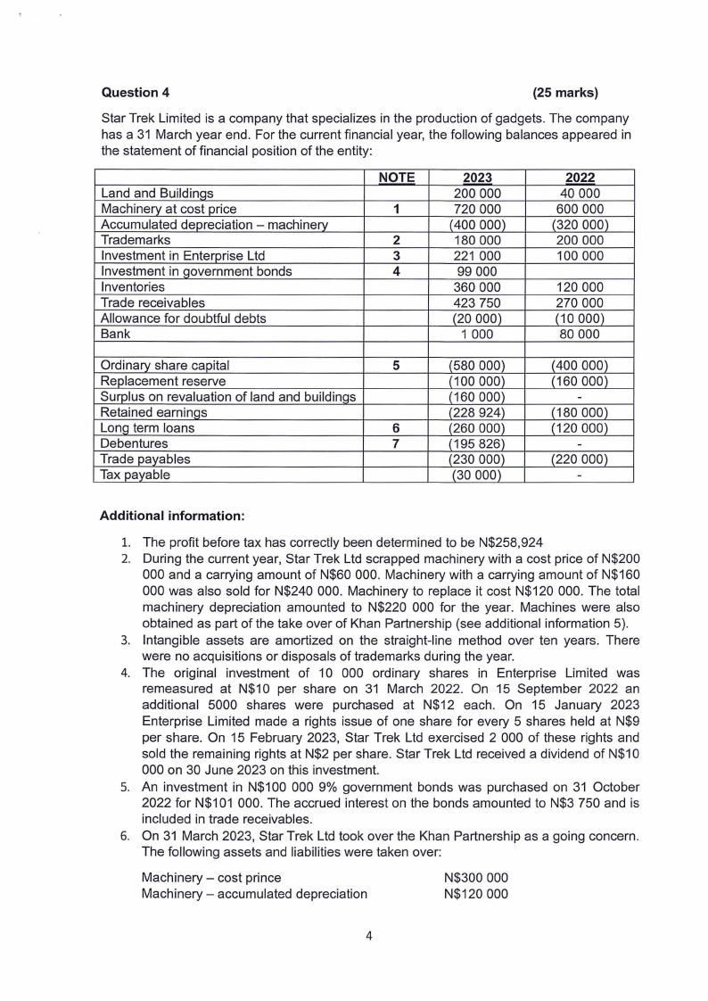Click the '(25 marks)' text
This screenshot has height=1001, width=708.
(564, 92)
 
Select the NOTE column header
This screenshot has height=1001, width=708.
(396, 178)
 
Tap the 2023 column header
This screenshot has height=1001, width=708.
(478, 178)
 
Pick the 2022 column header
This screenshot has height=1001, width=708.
(580, 178)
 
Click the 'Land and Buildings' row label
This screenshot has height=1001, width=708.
(157, 193)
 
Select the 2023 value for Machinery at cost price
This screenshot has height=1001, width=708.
(478, 209)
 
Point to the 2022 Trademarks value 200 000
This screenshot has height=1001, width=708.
(580, 240)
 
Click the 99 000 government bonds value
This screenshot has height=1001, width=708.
(478, 272)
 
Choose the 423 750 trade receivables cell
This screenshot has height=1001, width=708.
(478, 303)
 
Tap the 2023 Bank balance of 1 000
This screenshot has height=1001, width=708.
(478, 335)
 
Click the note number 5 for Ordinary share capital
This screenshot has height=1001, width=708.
(396, 365)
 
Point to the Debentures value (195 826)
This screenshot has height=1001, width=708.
(478, 443)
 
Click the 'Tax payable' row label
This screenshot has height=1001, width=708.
(135, 475)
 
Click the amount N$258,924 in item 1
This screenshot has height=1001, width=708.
(500, 542)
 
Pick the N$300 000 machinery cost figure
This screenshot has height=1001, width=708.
(476, 877)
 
